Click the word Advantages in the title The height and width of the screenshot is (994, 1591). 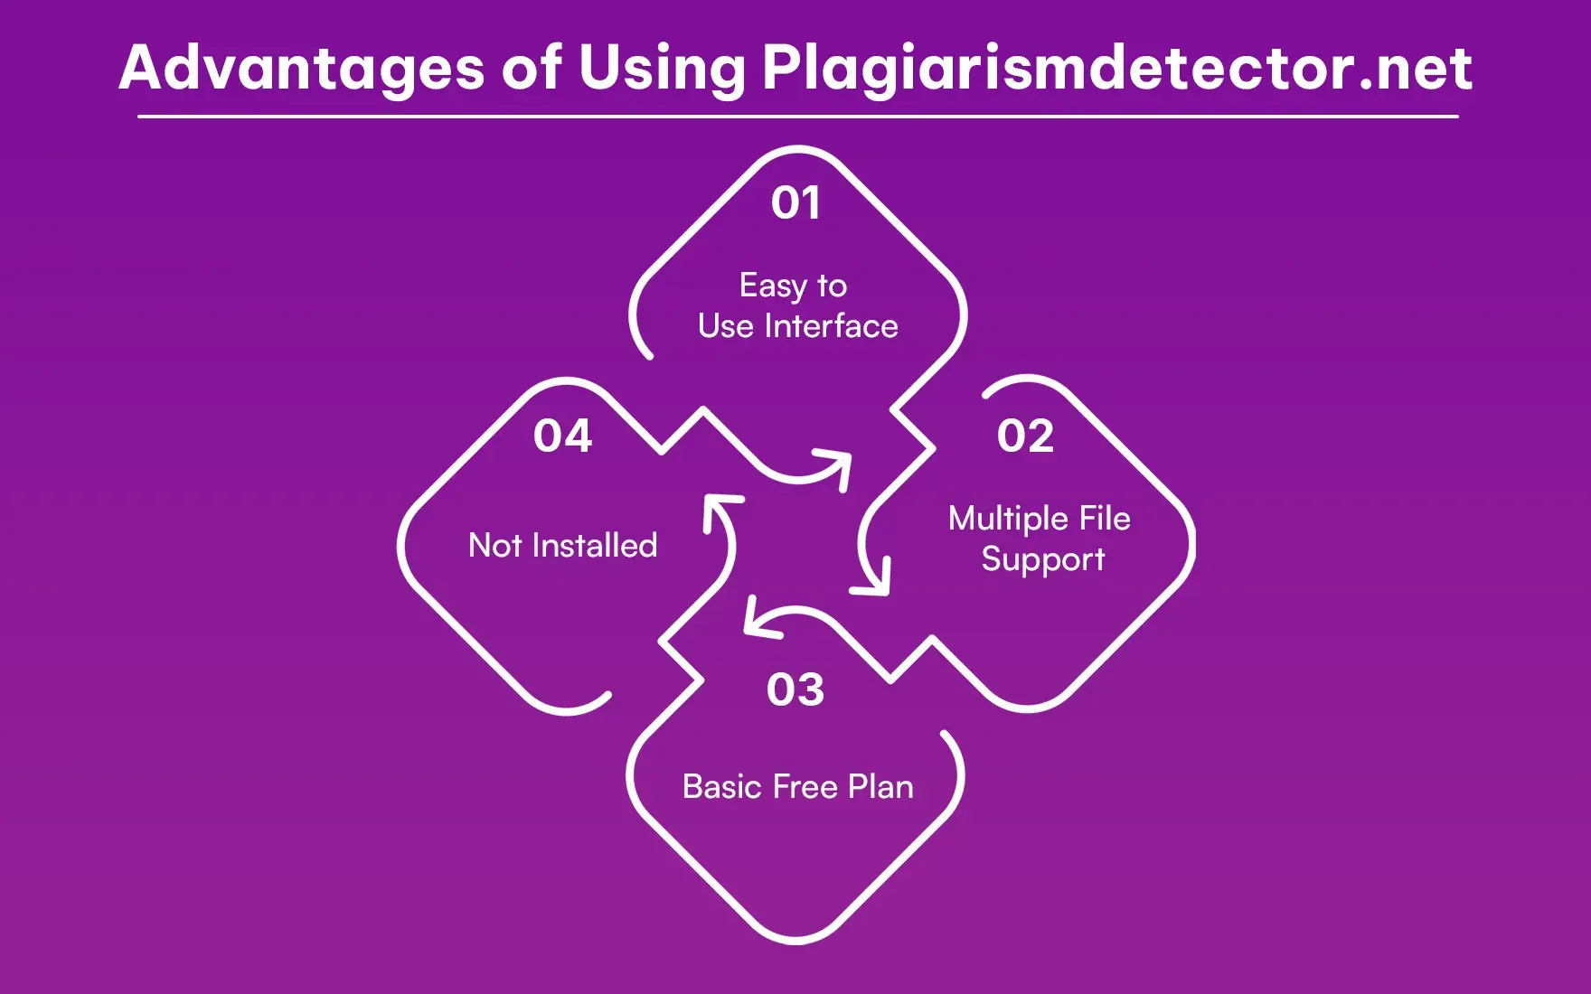point(301,69)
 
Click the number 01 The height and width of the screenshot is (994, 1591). point(795,202)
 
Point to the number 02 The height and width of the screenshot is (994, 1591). point(1025,436)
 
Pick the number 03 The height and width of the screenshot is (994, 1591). point(795,690)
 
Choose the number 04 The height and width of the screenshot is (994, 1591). point(562,436)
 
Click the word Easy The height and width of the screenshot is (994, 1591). point(772,286)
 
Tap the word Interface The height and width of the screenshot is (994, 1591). point(831,326)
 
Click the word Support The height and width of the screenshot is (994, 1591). point(1043,560)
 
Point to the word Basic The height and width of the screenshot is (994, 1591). point(722,787)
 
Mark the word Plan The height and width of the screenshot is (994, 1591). point(880,787)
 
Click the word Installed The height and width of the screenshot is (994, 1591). point(594,546)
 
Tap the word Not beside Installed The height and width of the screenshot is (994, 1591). point(494,546)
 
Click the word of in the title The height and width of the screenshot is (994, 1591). point(532,69)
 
